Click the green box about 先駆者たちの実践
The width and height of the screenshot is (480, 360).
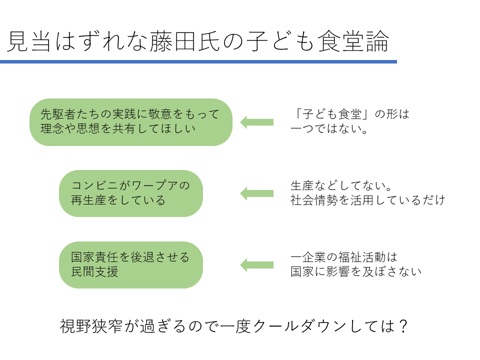pos(131,122)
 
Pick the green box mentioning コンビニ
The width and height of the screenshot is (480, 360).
pos(131,193)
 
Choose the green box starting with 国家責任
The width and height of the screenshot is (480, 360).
pos(131,265)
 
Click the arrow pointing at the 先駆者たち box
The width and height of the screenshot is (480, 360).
pos(257,122)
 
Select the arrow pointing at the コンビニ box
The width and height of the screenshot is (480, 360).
pos(257,193)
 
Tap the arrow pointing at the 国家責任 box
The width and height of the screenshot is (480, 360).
pos(257,265)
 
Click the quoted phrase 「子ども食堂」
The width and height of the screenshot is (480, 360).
pos(330,114)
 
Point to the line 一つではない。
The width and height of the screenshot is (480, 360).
pos(329,129)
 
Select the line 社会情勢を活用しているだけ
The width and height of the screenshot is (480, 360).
pos(367,201)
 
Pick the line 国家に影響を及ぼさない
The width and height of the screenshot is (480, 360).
pos(355,272)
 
